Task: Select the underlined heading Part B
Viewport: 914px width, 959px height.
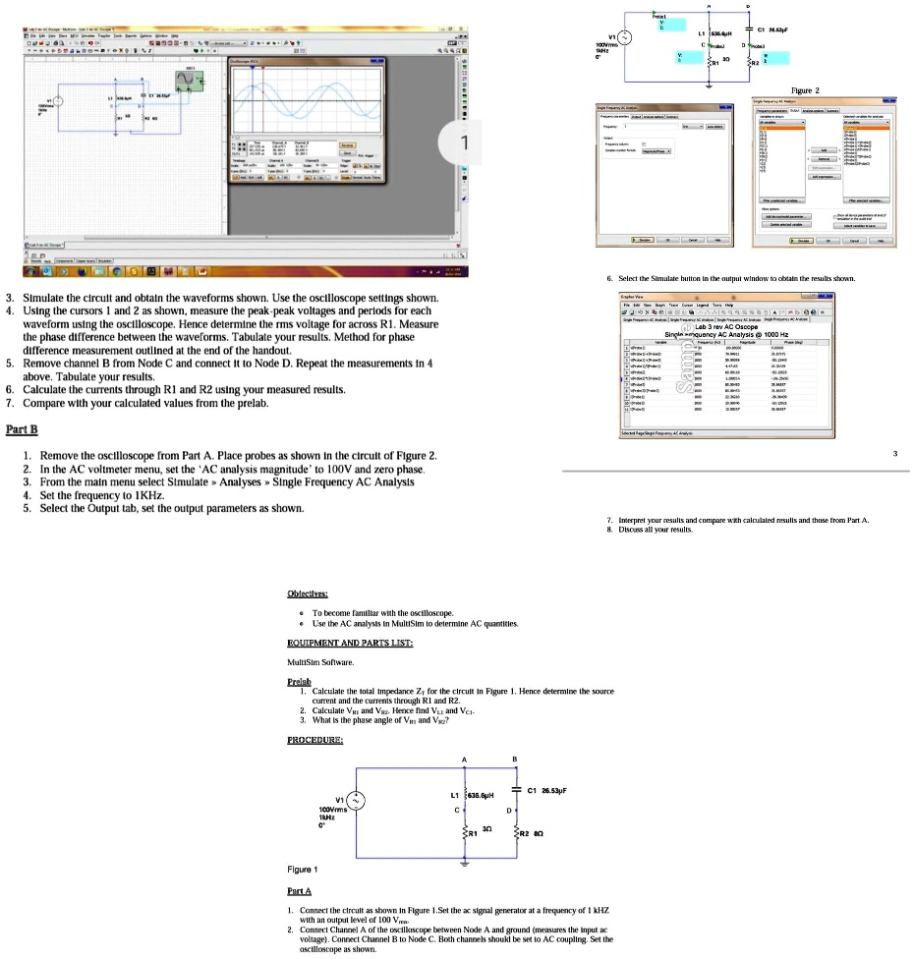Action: pos(20,429)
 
